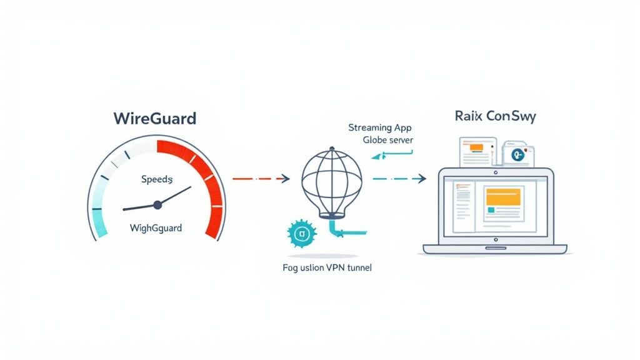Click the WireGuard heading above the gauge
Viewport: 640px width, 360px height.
(x=155, y=117)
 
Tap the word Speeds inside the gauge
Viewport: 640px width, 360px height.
(x=156, y=179)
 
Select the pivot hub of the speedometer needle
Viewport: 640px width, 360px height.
(x=157, y=204)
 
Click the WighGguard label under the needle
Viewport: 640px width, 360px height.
(x=156, y=227)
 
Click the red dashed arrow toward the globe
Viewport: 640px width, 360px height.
(x=260, y=179)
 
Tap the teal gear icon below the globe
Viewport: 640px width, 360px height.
(x=299, y=234)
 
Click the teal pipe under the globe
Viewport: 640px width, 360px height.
(x=341, y=231)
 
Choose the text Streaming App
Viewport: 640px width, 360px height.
(x=380, y=127)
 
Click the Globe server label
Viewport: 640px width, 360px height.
(x=387, y=140)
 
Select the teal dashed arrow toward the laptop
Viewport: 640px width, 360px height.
(x=399, y=179)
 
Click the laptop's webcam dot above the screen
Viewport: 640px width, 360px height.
(x=495, y=172)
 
